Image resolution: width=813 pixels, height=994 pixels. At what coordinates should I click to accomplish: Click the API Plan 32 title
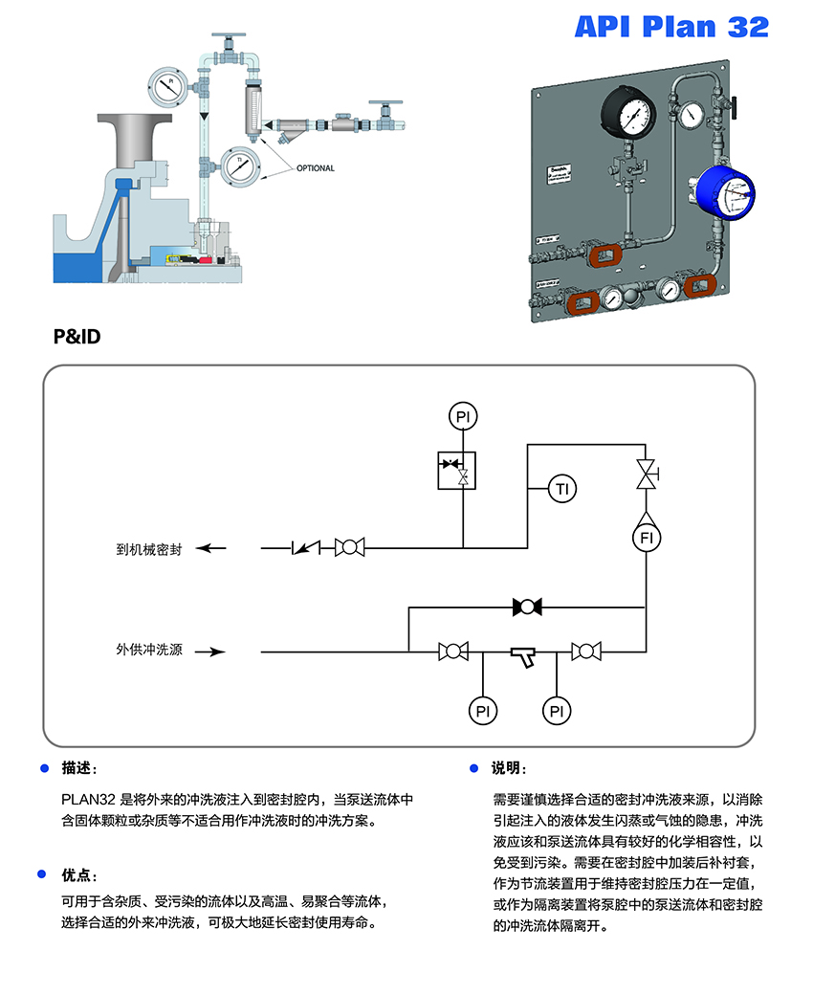(671, 28)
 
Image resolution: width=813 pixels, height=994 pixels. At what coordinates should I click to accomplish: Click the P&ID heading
(77, 337)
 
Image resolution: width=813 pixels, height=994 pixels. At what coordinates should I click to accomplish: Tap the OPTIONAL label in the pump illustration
(315, 168)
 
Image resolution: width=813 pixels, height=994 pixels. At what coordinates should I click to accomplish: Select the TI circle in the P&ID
(563, 489)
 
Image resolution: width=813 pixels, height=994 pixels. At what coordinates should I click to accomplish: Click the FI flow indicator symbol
(648, 539)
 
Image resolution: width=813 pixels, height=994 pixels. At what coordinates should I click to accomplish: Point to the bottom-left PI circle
(483, 710)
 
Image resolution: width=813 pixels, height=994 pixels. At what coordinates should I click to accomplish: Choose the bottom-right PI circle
(556, 710)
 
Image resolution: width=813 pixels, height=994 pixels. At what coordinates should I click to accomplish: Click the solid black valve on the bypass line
(527, 607)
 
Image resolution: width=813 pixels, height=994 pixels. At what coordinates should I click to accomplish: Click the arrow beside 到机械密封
(212, 548)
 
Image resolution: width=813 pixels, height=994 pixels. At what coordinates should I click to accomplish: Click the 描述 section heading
(78, 768)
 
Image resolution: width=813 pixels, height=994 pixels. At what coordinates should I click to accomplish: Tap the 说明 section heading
(508, 768)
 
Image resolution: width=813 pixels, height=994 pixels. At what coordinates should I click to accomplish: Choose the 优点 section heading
(78, 875)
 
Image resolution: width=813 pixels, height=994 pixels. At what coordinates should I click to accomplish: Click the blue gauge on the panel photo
(725, 196)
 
